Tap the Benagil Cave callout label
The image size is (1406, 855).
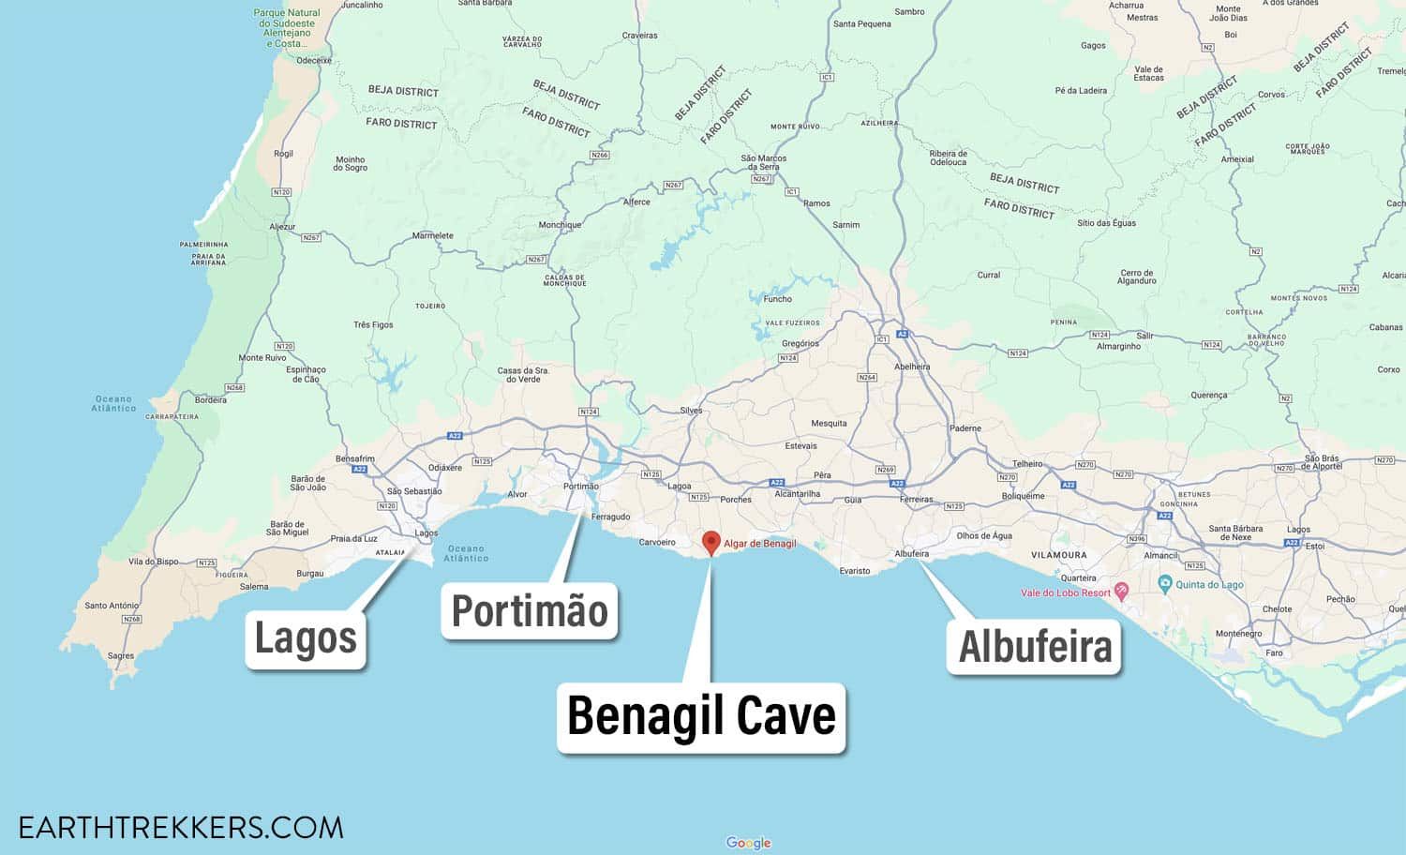click(x=701, y=717)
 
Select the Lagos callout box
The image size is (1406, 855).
click(x=306, y=638)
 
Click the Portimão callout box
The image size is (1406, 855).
click(x=530, y=611)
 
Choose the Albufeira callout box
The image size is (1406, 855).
click(x=1034, y=647)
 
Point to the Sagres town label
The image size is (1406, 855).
click(x=120, y=656)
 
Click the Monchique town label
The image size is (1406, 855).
click(x=560, y=225)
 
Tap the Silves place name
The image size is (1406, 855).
click(x=691, y=411)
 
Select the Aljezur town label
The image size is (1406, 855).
click(x=282, y=227)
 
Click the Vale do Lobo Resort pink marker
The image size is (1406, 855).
click(x=1121, y=591)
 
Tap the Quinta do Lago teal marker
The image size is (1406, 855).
click(x=1164, y=583)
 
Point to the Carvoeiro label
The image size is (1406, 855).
click(x=657, y=543)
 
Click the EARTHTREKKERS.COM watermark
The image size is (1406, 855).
click(x=181, y=828)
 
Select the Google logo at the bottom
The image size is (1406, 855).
click(x=748, y=843)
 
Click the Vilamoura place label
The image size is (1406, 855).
click(x=1059, y=555)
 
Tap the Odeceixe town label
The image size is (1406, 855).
click(x=314, y=60)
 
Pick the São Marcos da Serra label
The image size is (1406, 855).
click(x=763, y=162)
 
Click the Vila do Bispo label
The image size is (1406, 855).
click(x=154, y=562)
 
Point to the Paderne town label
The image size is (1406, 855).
click(x=965, y=428)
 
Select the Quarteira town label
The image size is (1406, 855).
click(x=1078, y=578)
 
